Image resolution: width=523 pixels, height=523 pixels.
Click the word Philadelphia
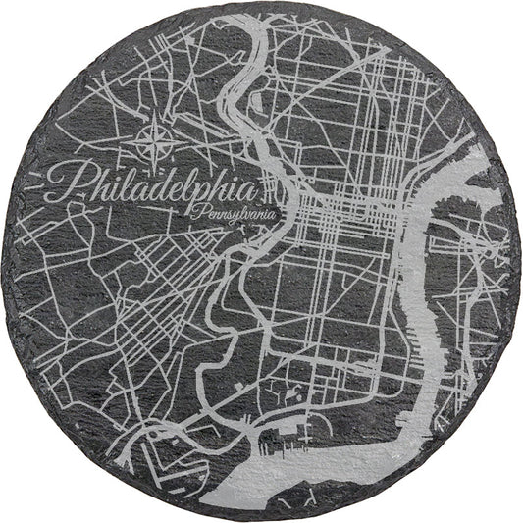[147, 184]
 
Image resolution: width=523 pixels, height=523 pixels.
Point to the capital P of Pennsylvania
[199, 208]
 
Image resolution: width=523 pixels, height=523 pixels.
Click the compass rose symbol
[158, 140]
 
